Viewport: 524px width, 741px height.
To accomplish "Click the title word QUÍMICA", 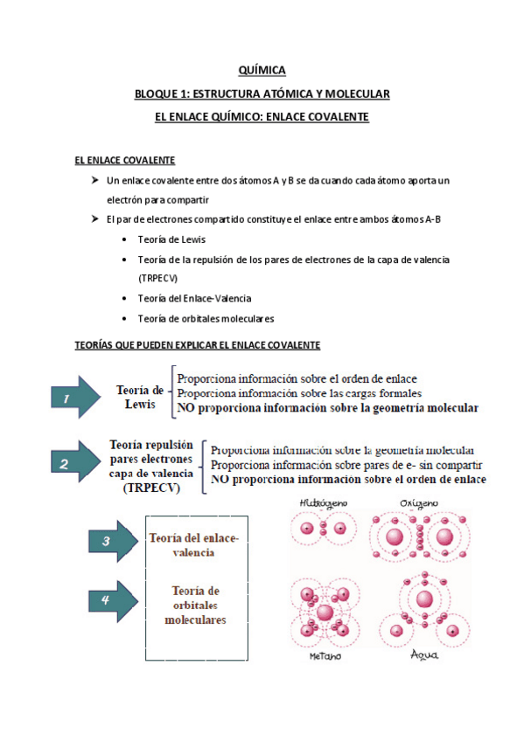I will tap(262, 71).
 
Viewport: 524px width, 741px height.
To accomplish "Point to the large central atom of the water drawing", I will tap(425, 599).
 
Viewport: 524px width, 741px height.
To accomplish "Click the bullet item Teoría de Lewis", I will tap(172, 239).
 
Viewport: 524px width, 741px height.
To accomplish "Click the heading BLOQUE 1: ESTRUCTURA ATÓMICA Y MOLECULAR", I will tap(262, 93).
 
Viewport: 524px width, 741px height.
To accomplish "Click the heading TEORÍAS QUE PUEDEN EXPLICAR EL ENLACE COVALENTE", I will tap(198, 345).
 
